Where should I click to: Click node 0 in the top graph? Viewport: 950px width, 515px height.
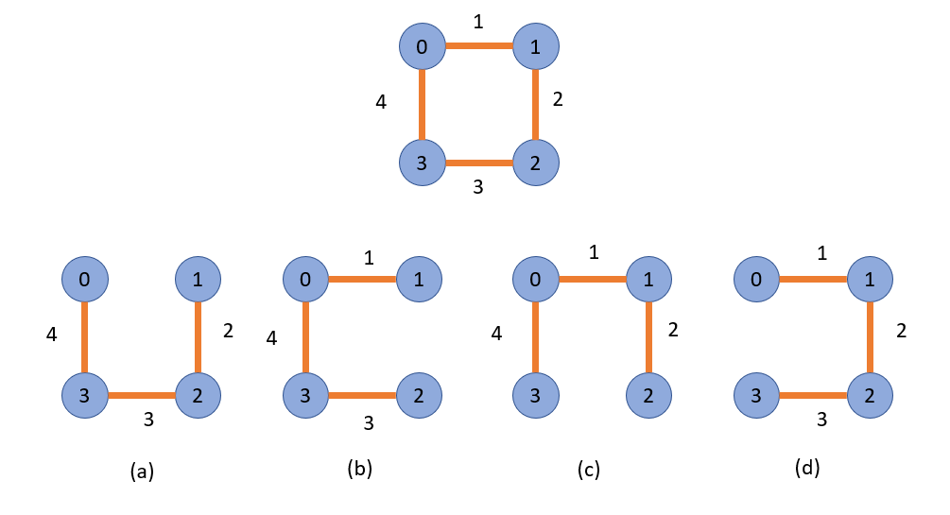tap(422, 46)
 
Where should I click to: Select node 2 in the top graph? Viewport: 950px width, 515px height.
tap(536, 162)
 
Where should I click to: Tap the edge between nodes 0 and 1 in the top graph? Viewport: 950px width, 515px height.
tap(478, 46)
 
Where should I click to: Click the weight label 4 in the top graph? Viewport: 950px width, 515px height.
tap(381, 102)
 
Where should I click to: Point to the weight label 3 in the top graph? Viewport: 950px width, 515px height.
tap(478, 187)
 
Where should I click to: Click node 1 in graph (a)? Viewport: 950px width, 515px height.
tap(199, 279)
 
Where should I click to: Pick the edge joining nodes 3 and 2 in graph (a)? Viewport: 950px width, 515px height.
tap(142, 394)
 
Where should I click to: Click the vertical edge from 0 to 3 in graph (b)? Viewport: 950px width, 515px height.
tap(306, 336)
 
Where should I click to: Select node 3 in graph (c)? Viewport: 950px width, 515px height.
tap(536, 394)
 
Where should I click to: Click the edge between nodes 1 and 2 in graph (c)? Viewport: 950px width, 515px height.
tap(649, 336)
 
